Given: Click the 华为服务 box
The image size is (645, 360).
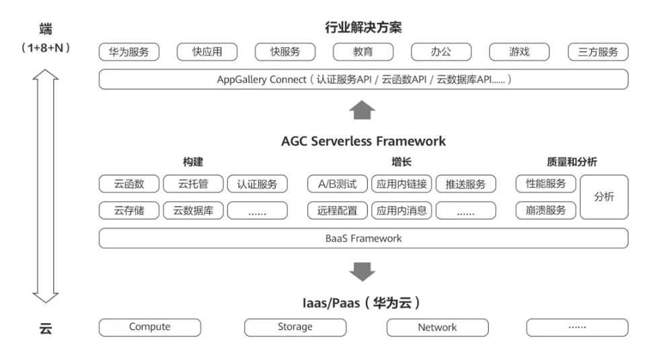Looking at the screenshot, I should click(129, 52).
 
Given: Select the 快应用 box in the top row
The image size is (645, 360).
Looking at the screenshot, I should click(207, 52).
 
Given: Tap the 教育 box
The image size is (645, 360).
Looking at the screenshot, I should click(363, 52).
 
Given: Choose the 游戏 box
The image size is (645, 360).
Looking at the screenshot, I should click(519, 52).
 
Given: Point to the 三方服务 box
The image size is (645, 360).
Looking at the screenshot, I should click(597, 52).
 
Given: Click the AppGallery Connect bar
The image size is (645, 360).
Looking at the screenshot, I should click(363, 79).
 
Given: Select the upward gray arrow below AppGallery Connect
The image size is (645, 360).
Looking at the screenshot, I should click(363, 110).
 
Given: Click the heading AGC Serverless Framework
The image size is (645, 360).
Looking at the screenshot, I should click(363, 141).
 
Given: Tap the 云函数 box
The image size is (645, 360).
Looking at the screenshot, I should click(129, 184).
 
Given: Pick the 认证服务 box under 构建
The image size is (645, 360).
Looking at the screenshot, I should click(257, 184).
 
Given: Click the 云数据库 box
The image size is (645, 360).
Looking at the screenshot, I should click(193, 211).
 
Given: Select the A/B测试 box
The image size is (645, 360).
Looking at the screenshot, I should click(338, 184).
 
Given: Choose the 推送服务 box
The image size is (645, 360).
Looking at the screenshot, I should click(465, 184).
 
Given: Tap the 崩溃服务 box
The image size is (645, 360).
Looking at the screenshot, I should click(545, 211).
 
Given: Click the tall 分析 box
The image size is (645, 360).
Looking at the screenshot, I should click(603, 197).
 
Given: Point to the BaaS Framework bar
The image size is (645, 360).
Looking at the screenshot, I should click(363, 238).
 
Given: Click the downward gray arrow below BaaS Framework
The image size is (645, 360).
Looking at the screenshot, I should click(363, 271).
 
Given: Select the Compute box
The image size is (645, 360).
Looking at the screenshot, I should click(149, 327).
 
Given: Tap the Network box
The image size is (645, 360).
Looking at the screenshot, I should click(437, 328).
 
